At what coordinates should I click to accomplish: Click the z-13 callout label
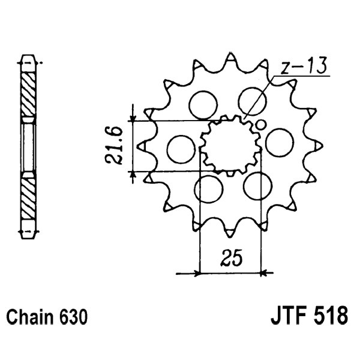coord(304,66)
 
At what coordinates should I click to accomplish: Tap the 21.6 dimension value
coord(113,145)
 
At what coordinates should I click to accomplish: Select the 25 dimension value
coord(231,257)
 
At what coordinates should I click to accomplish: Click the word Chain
coord(29,317)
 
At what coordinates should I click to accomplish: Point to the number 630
coord(73,317)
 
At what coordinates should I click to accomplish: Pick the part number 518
coord(330,317)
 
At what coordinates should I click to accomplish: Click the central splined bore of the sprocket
coord(231,145)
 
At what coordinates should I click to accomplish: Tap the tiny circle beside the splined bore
coord(260,125)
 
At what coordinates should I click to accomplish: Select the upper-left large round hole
coord(203,105)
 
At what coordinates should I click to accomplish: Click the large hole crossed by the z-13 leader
coord(253,101)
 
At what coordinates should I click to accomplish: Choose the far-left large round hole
coord(181,149)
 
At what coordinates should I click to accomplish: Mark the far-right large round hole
coord(280,142)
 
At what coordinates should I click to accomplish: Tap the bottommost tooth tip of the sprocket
coord(230,236)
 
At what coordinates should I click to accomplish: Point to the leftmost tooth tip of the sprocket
coord(138,146)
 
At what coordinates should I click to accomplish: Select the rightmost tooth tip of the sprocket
coord(322,146)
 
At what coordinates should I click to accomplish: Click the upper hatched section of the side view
coord(28,95)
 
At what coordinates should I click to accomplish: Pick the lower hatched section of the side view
coord(28,199)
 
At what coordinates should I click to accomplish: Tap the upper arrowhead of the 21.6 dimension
coord(133,118)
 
